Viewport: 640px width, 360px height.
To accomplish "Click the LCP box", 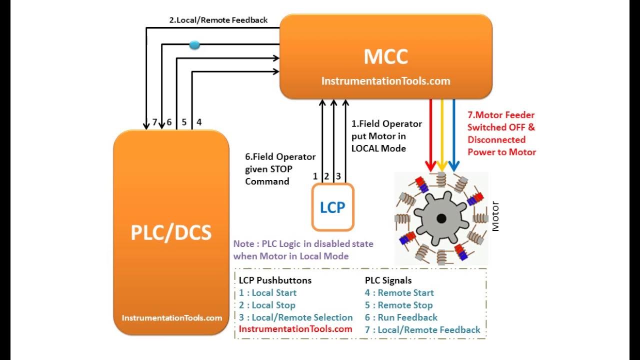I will [x=332, y=207].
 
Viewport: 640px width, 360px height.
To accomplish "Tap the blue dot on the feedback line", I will [x=195, y=45].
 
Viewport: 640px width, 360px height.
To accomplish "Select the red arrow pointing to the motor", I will [x=430, y=135].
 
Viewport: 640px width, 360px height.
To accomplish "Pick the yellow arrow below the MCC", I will [x=442, y=135].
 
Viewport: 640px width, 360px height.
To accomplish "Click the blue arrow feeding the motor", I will [x=454, y=135].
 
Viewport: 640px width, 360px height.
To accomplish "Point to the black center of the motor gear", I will [x=441, y=218].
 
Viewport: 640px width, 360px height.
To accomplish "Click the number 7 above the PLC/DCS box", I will [x=154, y=122].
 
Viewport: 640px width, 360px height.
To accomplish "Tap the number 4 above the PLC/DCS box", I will [x=199, y=122].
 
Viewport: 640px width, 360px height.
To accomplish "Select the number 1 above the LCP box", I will [x=315, y=176].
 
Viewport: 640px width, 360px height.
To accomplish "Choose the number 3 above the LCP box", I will [x=338, y=176].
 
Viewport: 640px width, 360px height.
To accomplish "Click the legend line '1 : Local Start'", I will [x=267, y=293].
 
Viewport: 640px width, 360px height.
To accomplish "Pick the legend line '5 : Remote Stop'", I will [x=398, y=305].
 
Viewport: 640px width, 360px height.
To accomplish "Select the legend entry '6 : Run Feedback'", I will [x=401, y=317].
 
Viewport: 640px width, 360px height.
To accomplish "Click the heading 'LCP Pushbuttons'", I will [x=275, y=280].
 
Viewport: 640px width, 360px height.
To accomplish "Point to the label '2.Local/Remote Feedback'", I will [x=218, y=20].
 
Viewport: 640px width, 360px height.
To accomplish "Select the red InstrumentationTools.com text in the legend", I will [x=295, y=329].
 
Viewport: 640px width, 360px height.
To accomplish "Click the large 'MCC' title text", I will [x=385, y=57].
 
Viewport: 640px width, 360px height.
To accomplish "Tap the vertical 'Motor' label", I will [x=495, y=216].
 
